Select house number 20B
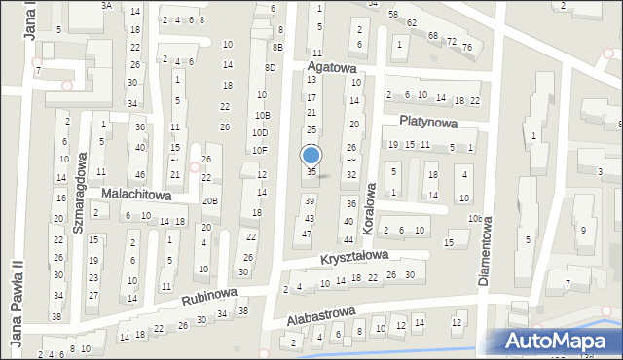tap(210, 201)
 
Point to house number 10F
tap(260, 150)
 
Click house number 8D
tap(271, 67)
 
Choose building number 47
tap(308, 234)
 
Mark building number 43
tap(310, 219)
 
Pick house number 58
tap(393, 15)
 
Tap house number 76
tap(467, 48)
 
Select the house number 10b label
tap(474, 218)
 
